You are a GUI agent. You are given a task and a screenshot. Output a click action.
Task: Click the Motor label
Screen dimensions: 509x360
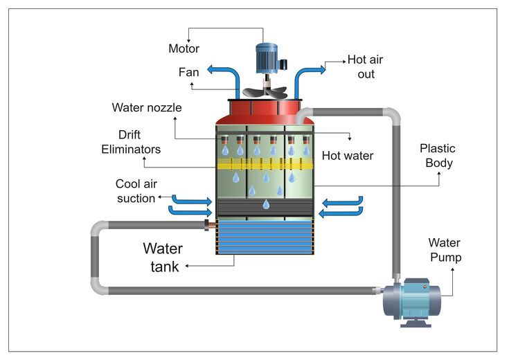184,48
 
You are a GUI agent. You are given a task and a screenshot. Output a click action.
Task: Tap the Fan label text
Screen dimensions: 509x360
188,72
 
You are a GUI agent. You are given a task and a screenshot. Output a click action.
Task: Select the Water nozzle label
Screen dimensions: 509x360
147,107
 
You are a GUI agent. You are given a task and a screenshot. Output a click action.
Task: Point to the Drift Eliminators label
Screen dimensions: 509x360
131,142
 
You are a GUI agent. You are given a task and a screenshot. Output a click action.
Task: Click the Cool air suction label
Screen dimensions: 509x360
136,191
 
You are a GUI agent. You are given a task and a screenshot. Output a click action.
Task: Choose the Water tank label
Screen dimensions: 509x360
163,258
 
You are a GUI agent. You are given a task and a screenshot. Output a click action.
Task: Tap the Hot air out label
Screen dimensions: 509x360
365,67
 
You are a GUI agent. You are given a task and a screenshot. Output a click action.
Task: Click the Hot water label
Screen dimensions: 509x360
348,156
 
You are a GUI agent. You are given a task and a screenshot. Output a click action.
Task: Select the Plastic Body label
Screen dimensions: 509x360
438,156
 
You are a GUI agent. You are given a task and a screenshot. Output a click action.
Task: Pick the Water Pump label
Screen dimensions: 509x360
445,250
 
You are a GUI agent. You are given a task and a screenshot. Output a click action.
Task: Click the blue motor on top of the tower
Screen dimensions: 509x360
270,58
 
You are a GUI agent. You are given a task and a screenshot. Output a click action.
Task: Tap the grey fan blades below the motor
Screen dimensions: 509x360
265,91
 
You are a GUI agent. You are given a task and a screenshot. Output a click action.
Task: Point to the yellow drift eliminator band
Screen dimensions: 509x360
265,163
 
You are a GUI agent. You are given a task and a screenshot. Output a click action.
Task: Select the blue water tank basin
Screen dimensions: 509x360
265,236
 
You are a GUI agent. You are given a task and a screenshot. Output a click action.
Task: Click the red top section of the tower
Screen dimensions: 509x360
265,112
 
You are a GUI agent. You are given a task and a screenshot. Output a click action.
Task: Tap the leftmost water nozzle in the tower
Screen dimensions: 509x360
224,140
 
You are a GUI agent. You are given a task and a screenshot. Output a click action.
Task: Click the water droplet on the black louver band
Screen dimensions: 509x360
266,204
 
